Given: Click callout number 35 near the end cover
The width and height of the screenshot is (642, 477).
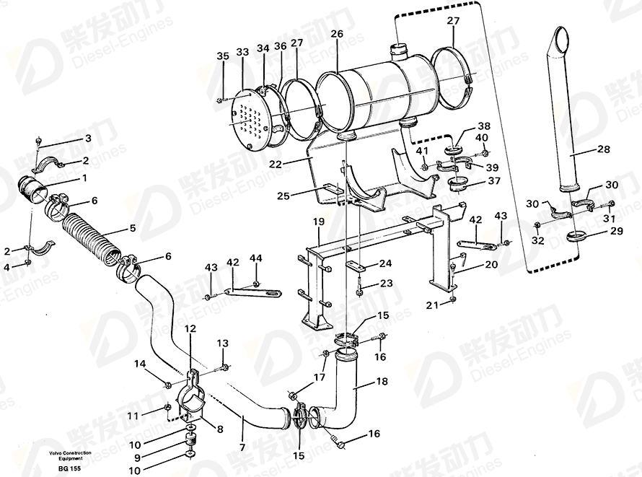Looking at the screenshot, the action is tap(223, 56).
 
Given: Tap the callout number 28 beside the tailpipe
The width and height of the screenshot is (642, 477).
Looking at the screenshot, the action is tap(604, 149).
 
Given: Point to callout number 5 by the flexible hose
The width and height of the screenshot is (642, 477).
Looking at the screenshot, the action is tap(132, 228).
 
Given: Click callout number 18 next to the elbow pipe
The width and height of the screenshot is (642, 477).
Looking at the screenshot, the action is tap(382, 381).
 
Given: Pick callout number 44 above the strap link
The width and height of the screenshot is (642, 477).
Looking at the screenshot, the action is tap(256, 258).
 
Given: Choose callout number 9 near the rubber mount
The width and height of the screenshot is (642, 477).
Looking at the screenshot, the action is tap(137, 458).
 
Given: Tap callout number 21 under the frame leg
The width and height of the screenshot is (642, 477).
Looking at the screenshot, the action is tap(432, 305).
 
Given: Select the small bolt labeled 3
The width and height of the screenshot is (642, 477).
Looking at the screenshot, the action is tap(39, 141).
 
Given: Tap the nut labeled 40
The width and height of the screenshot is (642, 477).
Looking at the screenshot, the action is tap(483, 153).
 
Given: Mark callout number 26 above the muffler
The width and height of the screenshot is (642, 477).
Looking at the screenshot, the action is tap(338, 34).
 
